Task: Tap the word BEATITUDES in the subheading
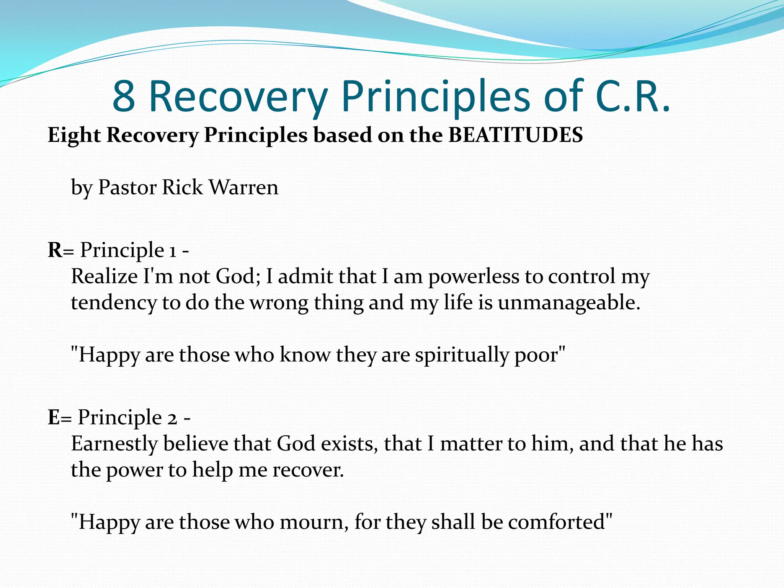[x=515, y=135]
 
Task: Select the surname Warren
[x=244, y=188]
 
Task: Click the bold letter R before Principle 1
[x=55, y=250]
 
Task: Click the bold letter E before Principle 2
[x=54, y=417]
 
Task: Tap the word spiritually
[x=462, y=355]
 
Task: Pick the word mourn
[x=314, y=522]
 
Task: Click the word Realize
[x=104, y=276]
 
